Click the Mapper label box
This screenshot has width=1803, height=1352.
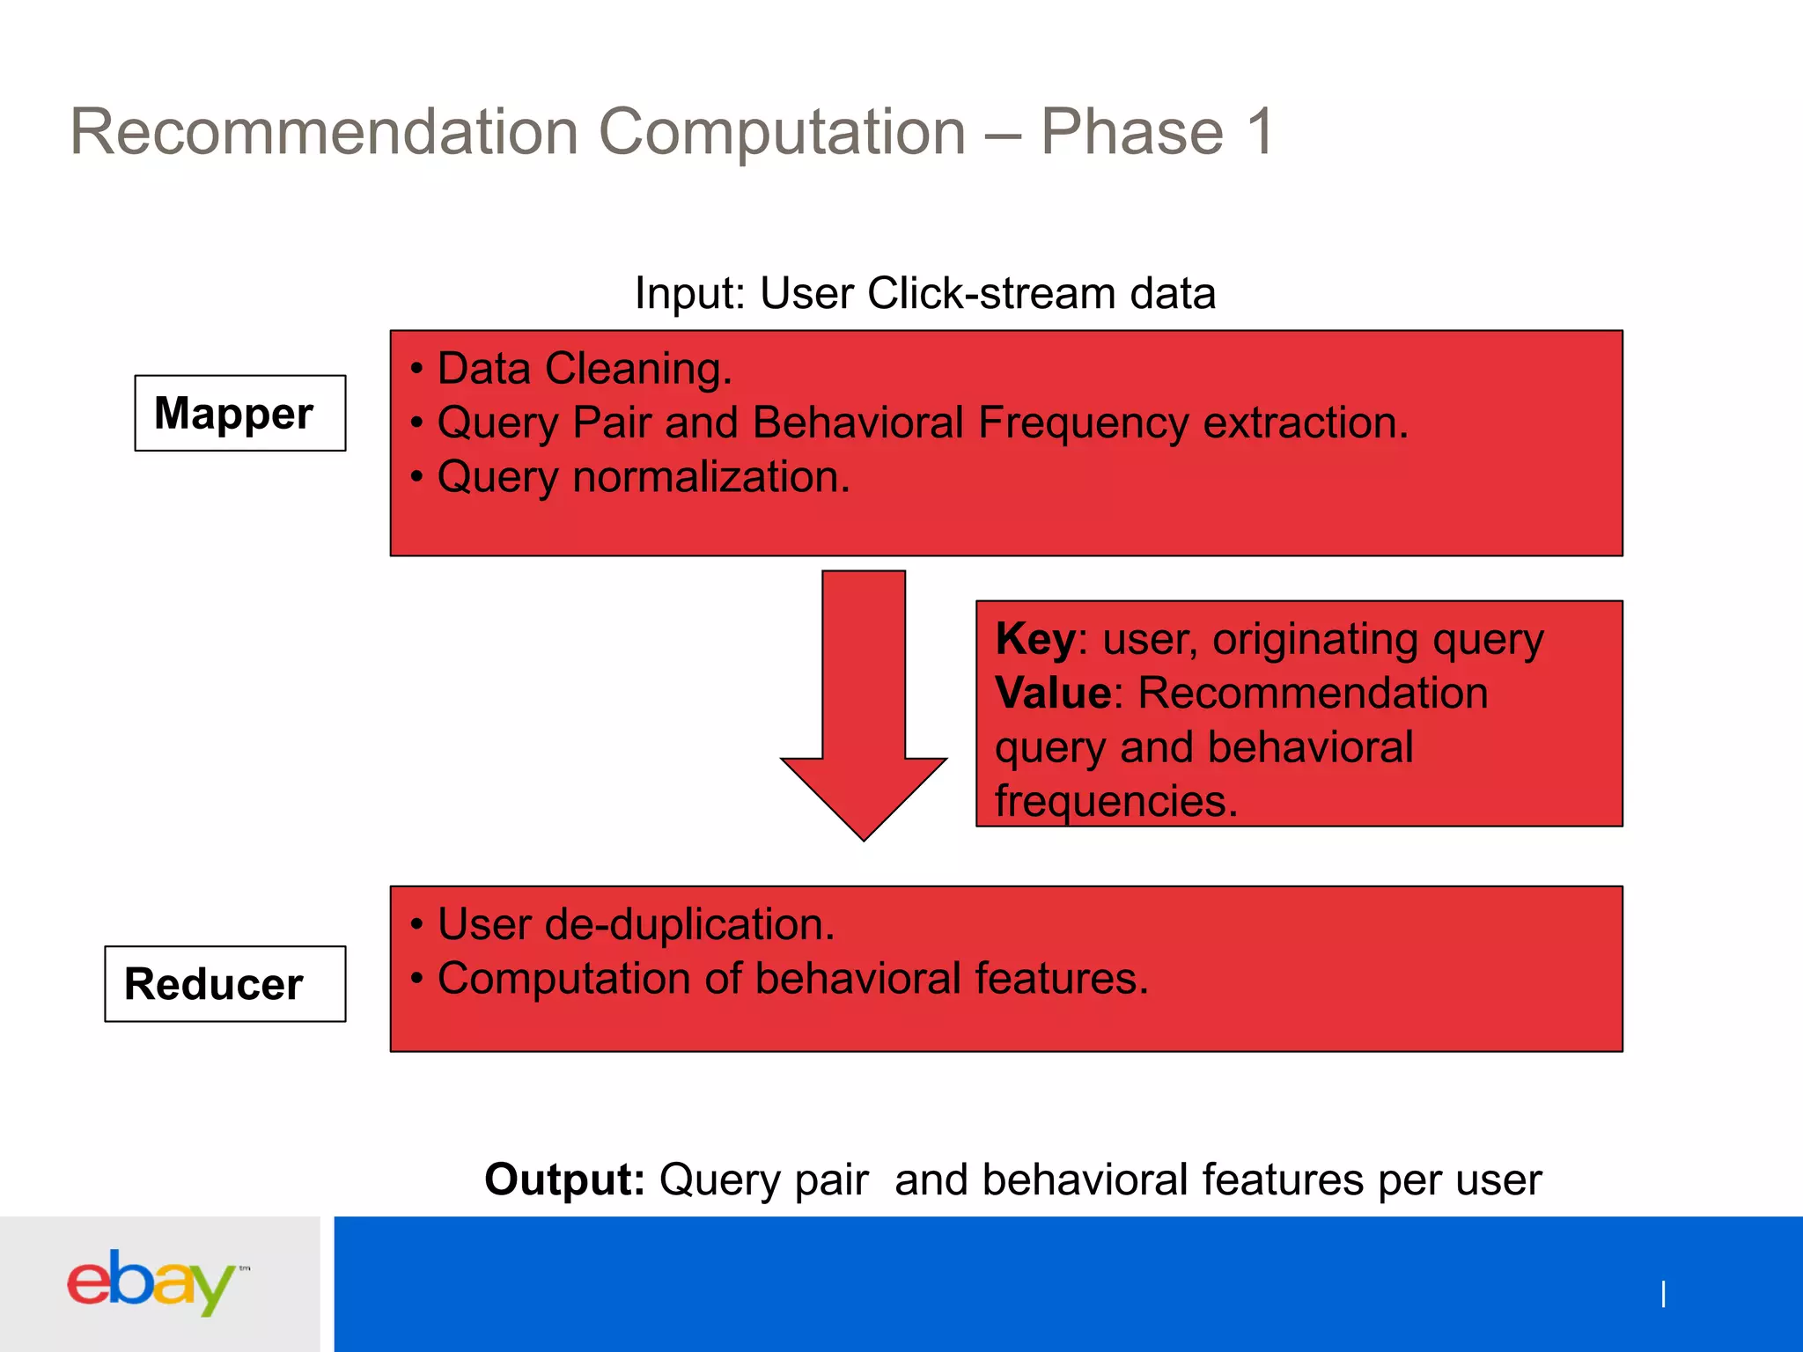pyautogui.click(x=239, y=413)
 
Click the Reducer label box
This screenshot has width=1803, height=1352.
pyautogui.click(x=224, y=984)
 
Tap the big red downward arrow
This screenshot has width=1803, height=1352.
pyautogui.click(x=864, y=704)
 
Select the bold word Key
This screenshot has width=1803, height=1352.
pyautogui.click(x=1034, y=639)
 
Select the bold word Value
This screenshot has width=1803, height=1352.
pyautogui.click(x=1053, y=693)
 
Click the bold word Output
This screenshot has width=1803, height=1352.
pyautogui.click(x=564, y=1179)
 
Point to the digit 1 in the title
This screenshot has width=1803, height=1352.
pyautogui.click(x=1261, y=132)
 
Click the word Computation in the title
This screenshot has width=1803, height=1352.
pyautogui.click(x=782, y=132)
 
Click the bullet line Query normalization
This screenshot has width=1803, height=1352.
pyautogui.click(x=643, y=477)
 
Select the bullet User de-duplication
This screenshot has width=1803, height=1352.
pyautogui.click(x=635, y=924)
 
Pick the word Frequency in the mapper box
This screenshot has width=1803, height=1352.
pyautogui.click(x=1084, y=422)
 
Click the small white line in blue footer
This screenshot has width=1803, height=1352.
pyautogui.click(x=1663, y=1294)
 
